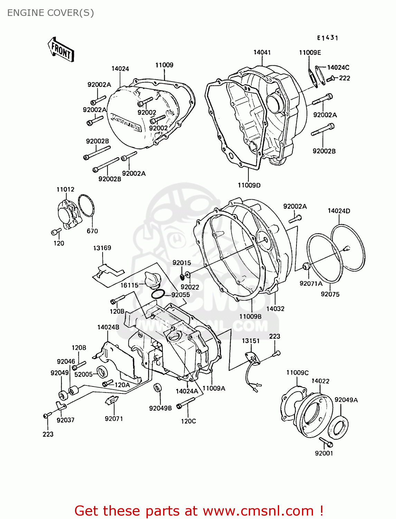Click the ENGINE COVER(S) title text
tap(50, 13)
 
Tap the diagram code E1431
tap(328, 38)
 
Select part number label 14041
tap(262, 52)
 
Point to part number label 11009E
tap(310, 52)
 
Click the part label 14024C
tap(338, 67)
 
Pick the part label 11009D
tap(249, 185)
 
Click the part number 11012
tap(65, 189)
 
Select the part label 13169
tap(102, 248)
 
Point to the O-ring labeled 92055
tap(158, 294)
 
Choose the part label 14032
tap(275, 309)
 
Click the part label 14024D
tap(339, 211)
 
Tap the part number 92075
tap(330, 294)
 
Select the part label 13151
tap(251, 341)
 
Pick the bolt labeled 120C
tap(186, 403)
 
